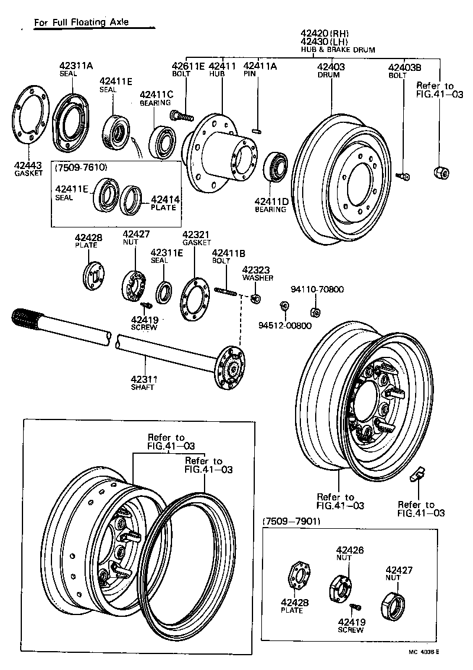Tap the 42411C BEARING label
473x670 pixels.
pyautogui.click(x=156, y=98)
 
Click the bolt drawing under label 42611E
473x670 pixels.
pyautogui.click(x=180, y=115)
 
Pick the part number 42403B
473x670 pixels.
pyautogui.click(x=404, y=67)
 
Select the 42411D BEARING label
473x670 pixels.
pyautogui.click(x=271, y=204)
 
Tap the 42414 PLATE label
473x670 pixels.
pyautogui.click(x=164, y=203)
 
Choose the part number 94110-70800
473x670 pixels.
pyautogui.click(x=318, y=290)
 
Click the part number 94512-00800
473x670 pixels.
pyautogui.click(x=284, y=326)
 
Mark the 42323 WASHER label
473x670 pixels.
pyautogui.click(x=257, y=272)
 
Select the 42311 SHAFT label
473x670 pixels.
pyautogui.click(x=142, y=383)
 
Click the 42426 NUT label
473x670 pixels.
pyautogui.click(x=350, y=554)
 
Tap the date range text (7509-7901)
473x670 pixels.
pyautogui.click(x=290, y=521)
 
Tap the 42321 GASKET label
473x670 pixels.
pyautogui.click(x=197, y=238)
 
